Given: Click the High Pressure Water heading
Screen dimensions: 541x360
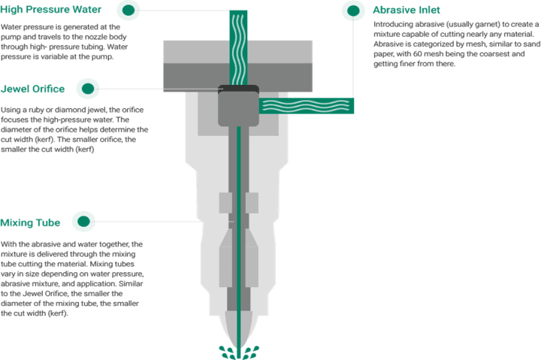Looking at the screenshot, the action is (51, 9).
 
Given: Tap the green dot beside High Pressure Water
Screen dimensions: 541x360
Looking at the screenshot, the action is (128, 10).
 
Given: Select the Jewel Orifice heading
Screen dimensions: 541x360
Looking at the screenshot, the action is (32, 89).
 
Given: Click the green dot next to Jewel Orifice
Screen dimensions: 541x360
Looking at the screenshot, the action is (88, 89).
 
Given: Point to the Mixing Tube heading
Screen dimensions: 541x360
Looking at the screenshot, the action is (30, 222).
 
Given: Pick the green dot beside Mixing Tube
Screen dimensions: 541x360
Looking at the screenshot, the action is (83, 221).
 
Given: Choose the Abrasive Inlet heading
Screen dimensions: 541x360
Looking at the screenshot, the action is (407, 10).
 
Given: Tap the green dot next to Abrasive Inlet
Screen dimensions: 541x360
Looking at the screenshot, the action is (353, 11).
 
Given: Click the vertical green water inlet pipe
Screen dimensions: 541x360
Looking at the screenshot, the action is (238, 47).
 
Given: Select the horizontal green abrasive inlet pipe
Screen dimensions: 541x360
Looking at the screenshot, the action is (307, 106).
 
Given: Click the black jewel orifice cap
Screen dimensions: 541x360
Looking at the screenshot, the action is (238, 89).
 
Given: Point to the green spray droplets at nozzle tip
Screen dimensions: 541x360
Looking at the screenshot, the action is (239, 352).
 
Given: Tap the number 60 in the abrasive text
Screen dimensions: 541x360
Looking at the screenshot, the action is (419, 54).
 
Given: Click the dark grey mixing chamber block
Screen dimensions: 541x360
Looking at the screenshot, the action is (238, 109).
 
